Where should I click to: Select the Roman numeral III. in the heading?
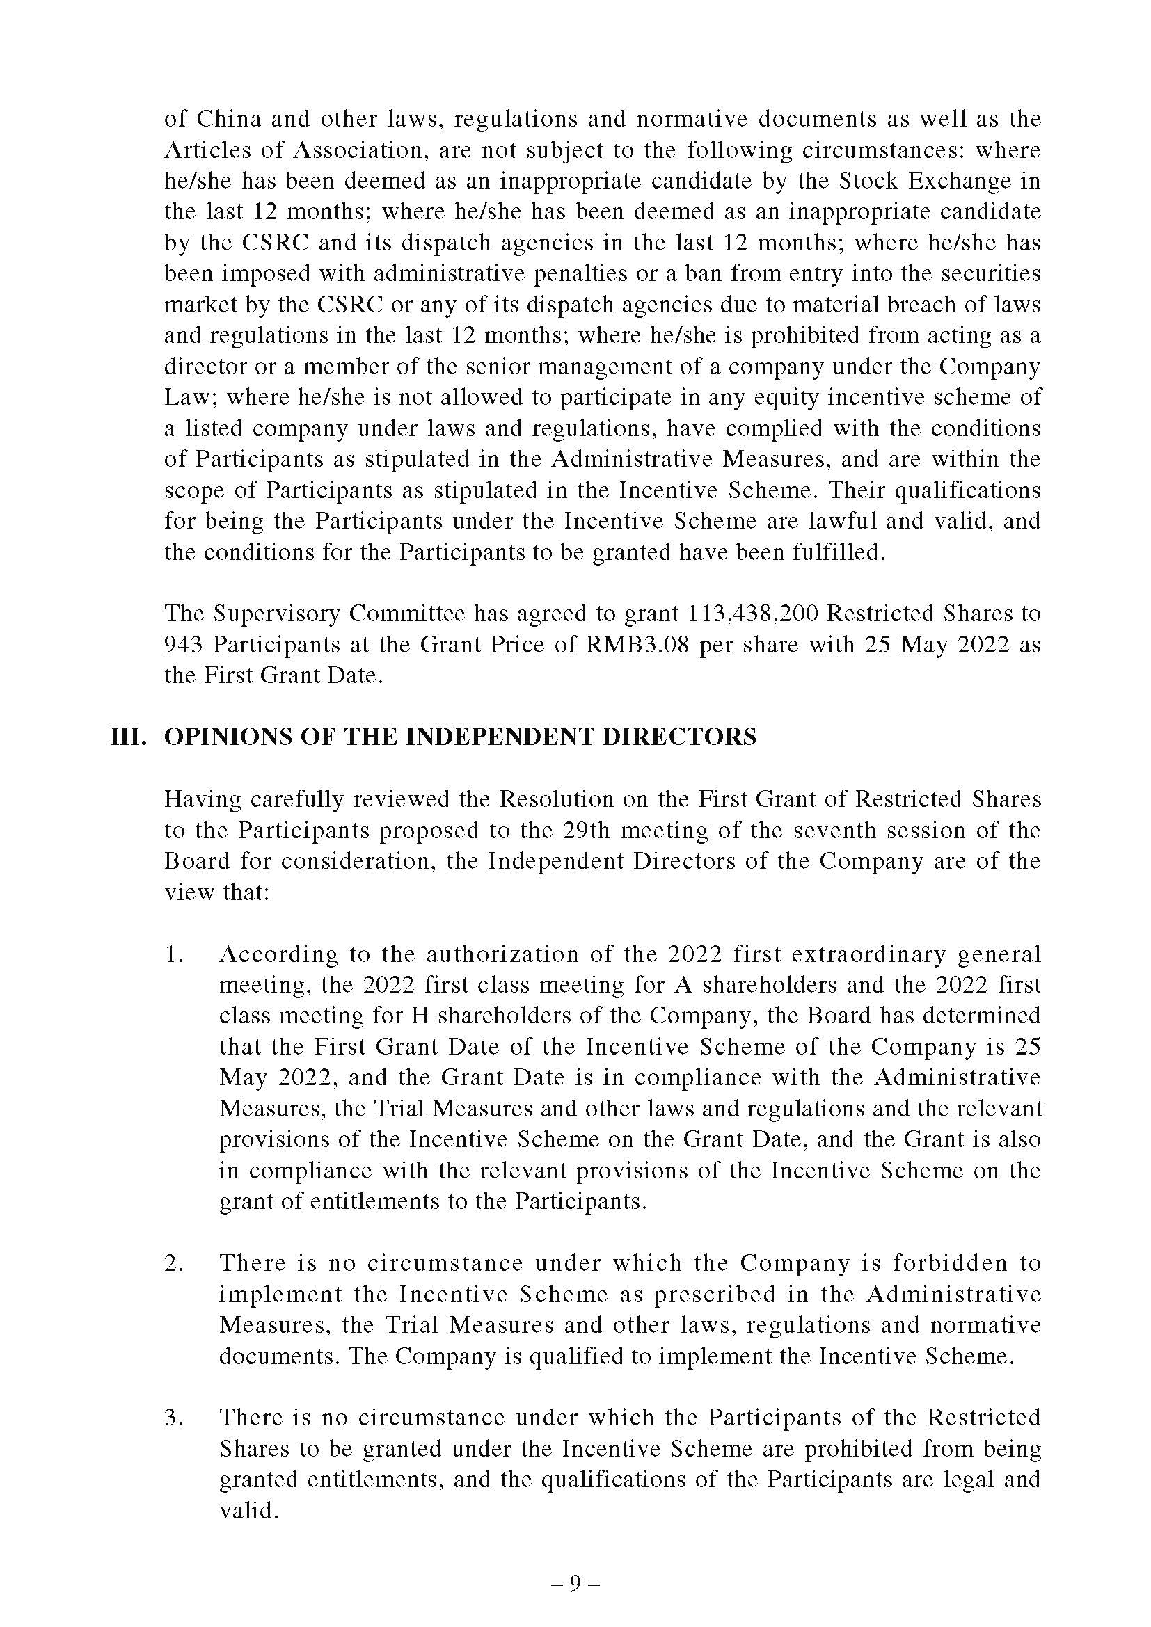[129, 737]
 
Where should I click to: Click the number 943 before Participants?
[183, 644]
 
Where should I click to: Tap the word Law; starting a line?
[189, 398]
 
